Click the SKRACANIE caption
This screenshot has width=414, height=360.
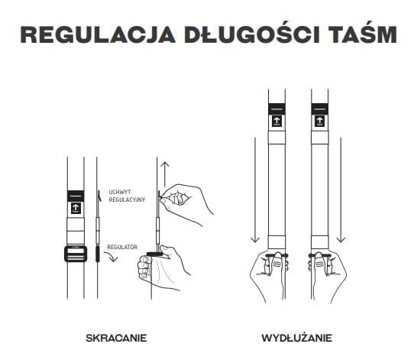(116, 337)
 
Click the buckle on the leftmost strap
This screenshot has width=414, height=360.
(75, 253)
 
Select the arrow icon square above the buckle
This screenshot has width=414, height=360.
(75, 208)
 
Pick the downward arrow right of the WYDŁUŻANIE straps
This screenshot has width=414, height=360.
(343, 191)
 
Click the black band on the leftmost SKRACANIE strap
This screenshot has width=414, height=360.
(75, 194)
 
